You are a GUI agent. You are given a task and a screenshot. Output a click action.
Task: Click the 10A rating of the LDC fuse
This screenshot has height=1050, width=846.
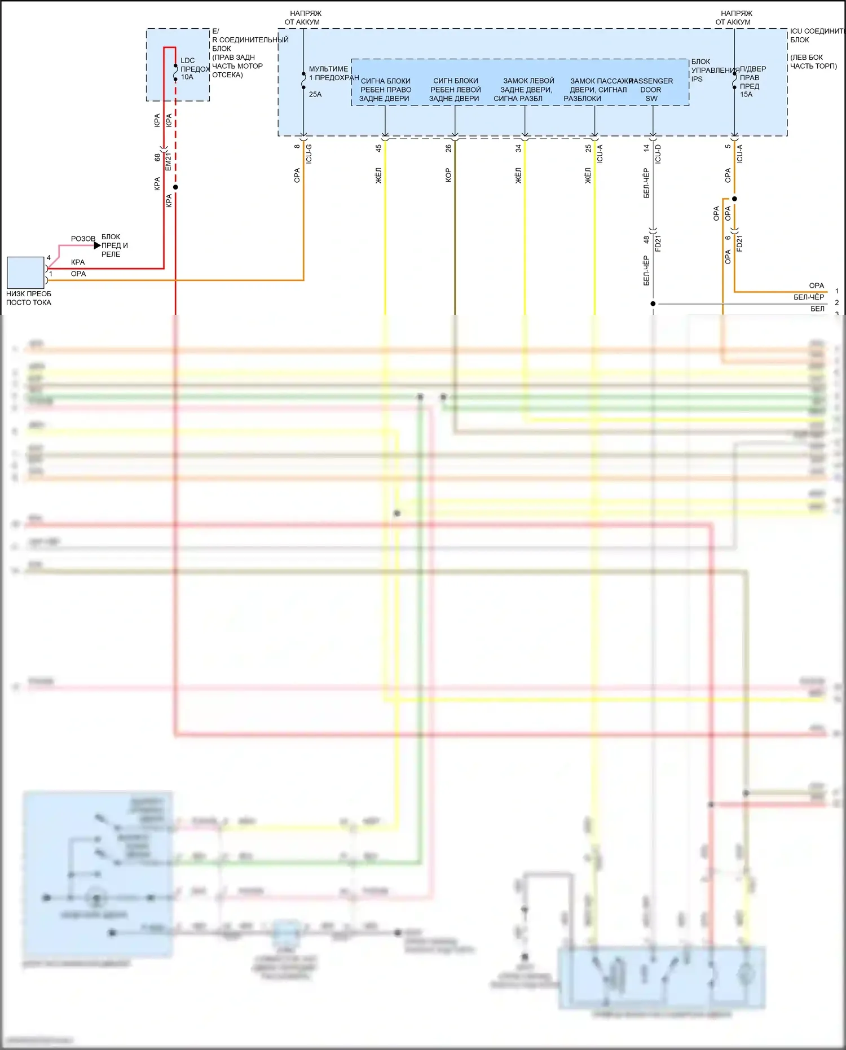click(187, 77)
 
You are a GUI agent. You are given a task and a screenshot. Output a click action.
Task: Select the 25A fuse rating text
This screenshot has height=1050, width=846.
click(315, 95)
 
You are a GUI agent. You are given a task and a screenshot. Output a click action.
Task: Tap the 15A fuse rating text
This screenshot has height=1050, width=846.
click(746, 95)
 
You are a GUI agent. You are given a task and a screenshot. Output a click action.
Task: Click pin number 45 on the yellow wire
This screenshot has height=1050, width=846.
click(378, 148)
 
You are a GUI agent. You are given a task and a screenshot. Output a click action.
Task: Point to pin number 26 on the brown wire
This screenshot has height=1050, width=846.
click(448, 148)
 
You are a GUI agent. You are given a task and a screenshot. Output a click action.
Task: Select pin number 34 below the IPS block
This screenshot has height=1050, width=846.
click(518, 148)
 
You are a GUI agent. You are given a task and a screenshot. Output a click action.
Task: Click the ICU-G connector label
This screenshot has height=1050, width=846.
click(309, 153)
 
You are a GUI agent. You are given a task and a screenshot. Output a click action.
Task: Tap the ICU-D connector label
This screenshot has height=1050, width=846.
click(658, 153)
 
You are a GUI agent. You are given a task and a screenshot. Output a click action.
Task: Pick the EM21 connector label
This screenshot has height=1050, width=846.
click(168, 161)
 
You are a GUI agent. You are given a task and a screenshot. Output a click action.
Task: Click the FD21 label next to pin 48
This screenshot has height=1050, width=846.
click(658, 244)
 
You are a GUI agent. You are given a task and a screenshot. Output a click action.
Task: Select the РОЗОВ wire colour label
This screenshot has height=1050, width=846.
click(83, 239)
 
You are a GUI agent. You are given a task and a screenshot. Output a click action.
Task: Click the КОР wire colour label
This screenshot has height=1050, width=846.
click(448, 175)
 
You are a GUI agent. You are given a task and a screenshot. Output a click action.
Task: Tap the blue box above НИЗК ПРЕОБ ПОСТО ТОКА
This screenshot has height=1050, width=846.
click(25, 273)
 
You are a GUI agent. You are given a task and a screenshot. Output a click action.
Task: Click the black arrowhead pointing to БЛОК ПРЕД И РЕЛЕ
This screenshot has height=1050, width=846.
click(97, 245)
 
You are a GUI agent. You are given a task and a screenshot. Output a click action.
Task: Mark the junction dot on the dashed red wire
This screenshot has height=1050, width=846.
click(175, 187)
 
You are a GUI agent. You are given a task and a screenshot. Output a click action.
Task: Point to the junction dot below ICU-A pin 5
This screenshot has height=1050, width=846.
click(734, 199)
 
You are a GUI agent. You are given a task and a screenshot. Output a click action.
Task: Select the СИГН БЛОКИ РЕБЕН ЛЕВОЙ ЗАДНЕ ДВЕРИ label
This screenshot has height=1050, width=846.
click(455, 90)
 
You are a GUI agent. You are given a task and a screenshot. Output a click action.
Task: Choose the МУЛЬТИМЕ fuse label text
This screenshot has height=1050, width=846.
click(329, 69)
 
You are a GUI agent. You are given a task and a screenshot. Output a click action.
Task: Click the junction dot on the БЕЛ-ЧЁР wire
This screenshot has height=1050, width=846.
click(653, 304)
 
